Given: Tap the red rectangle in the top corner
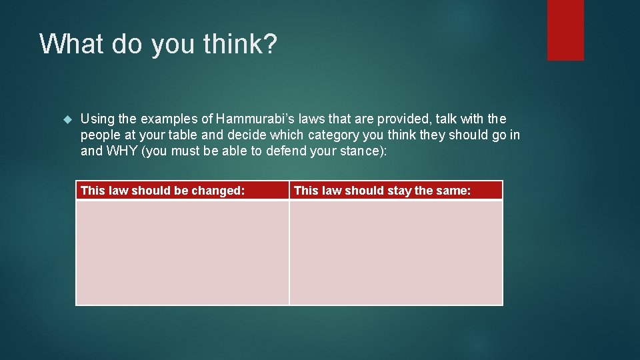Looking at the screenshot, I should [x=565, y=29].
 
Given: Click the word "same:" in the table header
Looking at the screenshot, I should [x=454, y=191].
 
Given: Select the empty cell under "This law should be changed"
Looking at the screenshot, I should [x=182, y=253].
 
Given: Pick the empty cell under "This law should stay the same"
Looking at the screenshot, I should [x=396, y=253].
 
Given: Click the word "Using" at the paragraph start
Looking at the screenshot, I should [x=97, y=119].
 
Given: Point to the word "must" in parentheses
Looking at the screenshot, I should [x=189, y=151].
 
